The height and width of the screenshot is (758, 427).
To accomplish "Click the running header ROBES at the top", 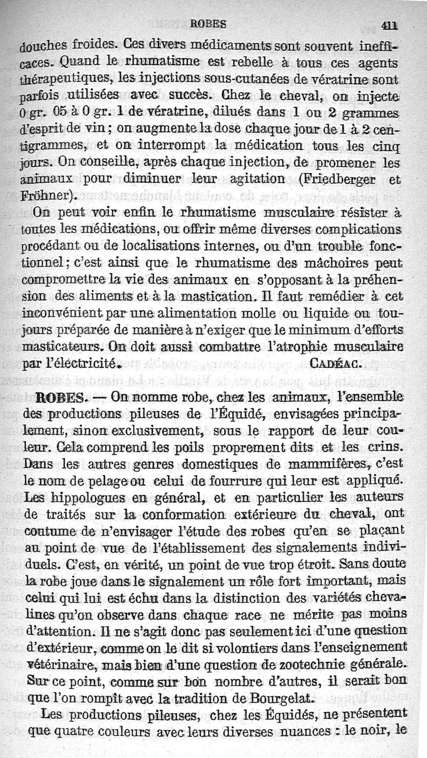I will pyautogui.click(x=209, y=23).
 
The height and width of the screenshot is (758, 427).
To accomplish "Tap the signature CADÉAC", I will pyautogui.click(x=337, y=364).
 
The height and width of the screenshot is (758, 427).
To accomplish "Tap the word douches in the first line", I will pyautogui.click(x=43, y=45).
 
